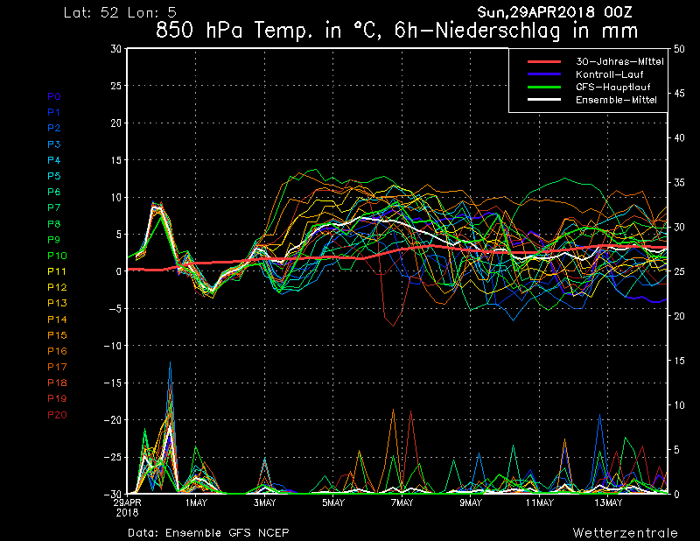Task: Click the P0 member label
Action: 54,96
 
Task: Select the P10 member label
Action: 57,256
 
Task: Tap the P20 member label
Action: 57,415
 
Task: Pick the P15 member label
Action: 57,335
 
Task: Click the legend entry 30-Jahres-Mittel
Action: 619,61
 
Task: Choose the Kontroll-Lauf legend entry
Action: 609,74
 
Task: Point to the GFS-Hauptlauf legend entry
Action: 613,88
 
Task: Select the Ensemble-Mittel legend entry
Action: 616,100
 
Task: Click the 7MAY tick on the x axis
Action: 402,502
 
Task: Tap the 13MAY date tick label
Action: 608,502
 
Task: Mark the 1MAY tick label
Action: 196,502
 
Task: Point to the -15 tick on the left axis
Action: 113,383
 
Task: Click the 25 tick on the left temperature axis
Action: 115,85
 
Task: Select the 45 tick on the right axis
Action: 679,94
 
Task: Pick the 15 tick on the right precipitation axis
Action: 679,361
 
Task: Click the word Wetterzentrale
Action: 625,532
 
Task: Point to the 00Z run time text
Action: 618,12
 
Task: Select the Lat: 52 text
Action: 91,12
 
